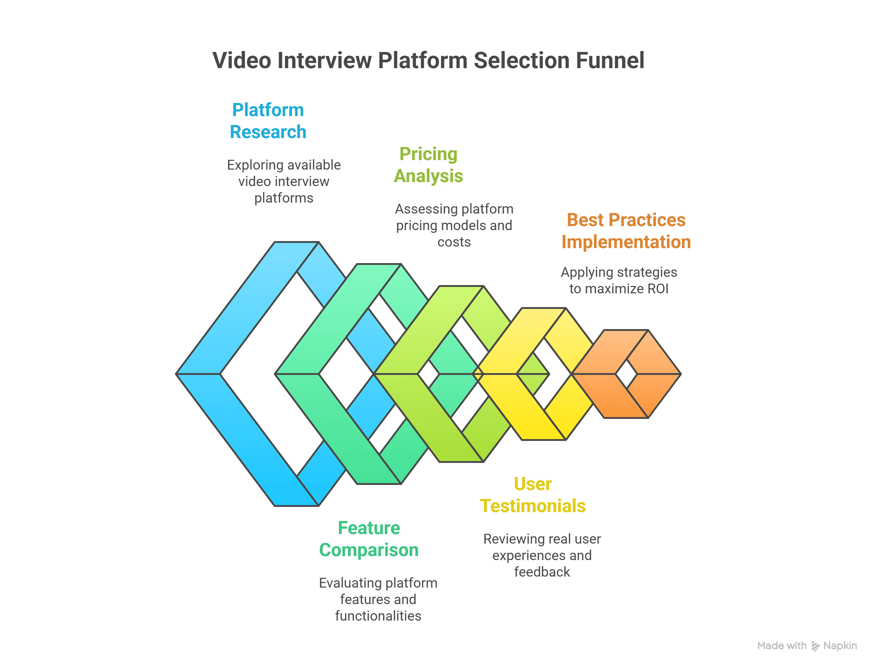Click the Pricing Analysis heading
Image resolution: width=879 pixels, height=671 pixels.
[x=428, y=165]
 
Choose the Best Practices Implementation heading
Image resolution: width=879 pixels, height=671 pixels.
[x=626, y=231]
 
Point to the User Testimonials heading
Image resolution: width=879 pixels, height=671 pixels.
[x=532, y=495]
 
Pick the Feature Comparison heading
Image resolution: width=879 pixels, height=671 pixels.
[x=369, y=539]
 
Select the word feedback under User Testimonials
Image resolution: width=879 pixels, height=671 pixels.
[x=541, y=572]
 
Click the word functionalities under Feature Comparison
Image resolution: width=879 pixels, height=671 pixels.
[x=378, y=616]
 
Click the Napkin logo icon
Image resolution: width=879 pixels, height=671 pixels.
[x=815, y=646]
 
